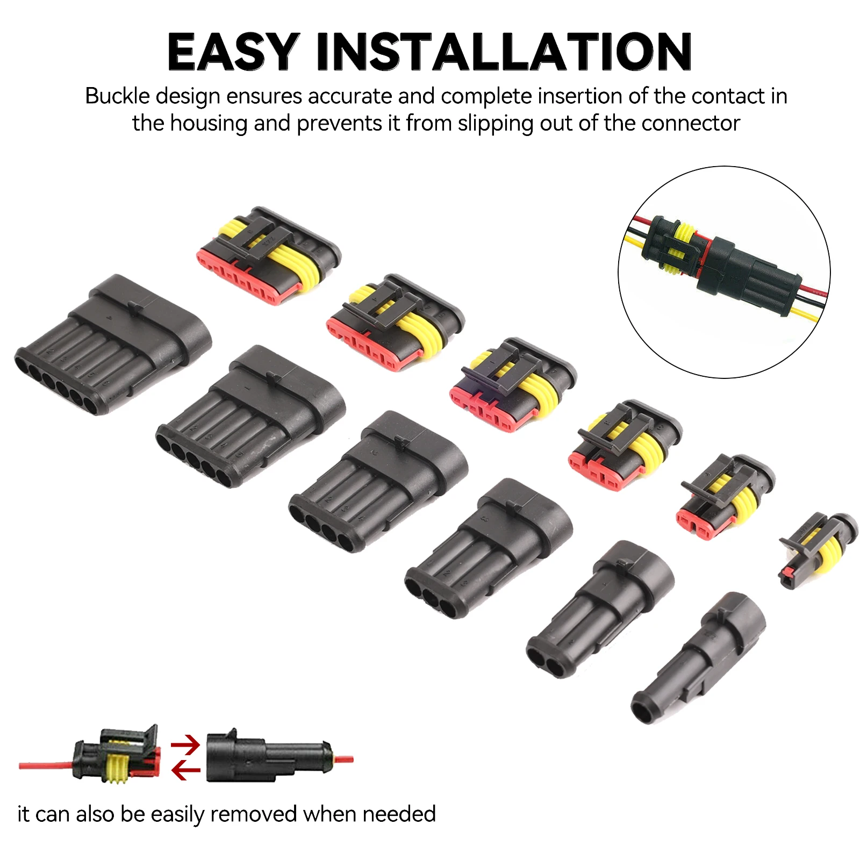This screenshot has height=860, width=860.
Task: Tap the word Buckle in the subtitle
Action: pyautogui.click(x=118, y=96)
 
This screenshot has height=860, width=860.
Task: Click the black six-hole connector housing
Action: pyautogui.click(x=113, y=344)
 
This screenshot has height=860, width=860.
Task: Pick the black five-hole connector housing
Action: pyautogui.click(x=250, y=417)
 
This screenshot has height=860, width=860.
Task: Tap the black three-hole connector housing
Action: pyautogui.click(x=489, y=548)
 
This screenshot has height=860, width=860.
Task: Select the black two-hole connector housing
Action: pyautogui.click(x=600, y=610)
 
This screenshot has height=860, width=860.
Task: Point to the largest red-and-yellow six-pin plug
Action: pyautogui.click(x=268, y=255)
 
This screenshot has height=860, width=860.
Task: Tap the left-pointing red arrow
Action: pyautogui.click(x=185, y=771)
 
